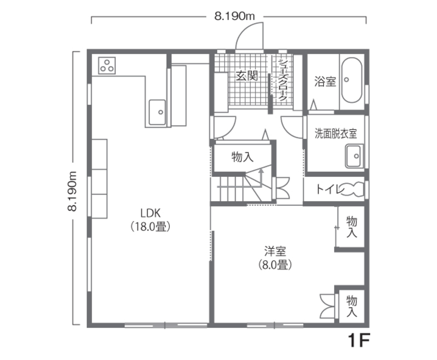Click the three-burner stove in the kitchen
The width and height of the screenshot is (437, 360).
click(x=107, y=66)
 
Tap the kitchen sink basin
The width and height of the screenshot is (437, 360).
click(x=157, y=112)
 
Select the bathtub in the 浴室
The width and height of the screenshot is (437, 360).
click(x=352, y=80)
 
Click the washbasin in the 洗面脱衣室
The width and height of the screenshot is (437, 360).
click(x=354, y=156)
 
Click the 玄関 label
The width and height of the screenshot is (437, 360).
click(x=247, y=75)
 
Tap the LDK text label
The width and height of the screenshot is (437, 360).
click(x=151, y=213)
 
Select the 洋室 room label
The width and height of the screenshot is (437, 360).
click(x=275, y=251)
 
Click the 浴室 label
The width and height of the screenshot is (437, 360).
click(x=325, y=81)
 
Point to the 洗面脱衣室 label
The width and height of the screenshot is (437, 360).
click(x=336, y=133)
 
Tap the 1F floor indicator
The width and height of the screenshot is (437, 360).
click(x=359, y=340)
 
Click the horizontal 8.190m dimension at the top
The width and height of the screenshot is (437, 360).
click(x=234, y=16)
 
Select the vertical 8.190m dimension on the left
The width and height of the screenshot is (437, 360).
click(x=72, y=191)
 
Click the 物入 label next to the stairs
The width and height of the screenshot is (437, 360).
click(x=242, y=157)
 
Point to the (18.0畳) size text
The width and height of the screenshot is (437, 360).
click(x=151, y=227)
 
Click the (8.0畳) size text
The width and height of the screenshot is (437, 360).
click(x=275, y=265)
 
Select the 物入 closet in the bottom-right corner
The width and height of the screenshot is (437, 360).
click(x=352, y=306)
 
